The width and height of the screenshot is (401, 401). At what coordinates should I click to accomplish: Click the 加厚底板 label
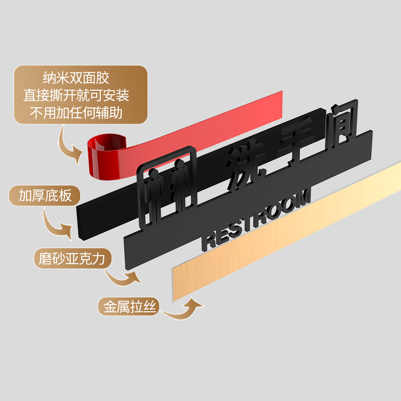point(45,195)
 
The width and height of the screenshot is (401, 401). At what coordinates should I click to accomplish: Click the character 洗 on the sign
point(245,168)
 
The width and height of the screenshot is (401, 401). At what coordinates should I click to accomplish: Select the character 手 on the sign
point(296,143)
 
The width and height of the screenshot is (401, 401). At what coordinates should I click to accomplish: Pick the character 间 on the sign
point(341,123)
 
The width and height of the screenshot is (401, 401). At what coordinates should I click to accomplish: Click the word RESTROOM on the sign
point(256,221)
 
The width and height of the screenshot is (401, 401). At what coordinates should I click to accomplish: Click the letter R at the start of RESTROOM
point(208,241)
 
